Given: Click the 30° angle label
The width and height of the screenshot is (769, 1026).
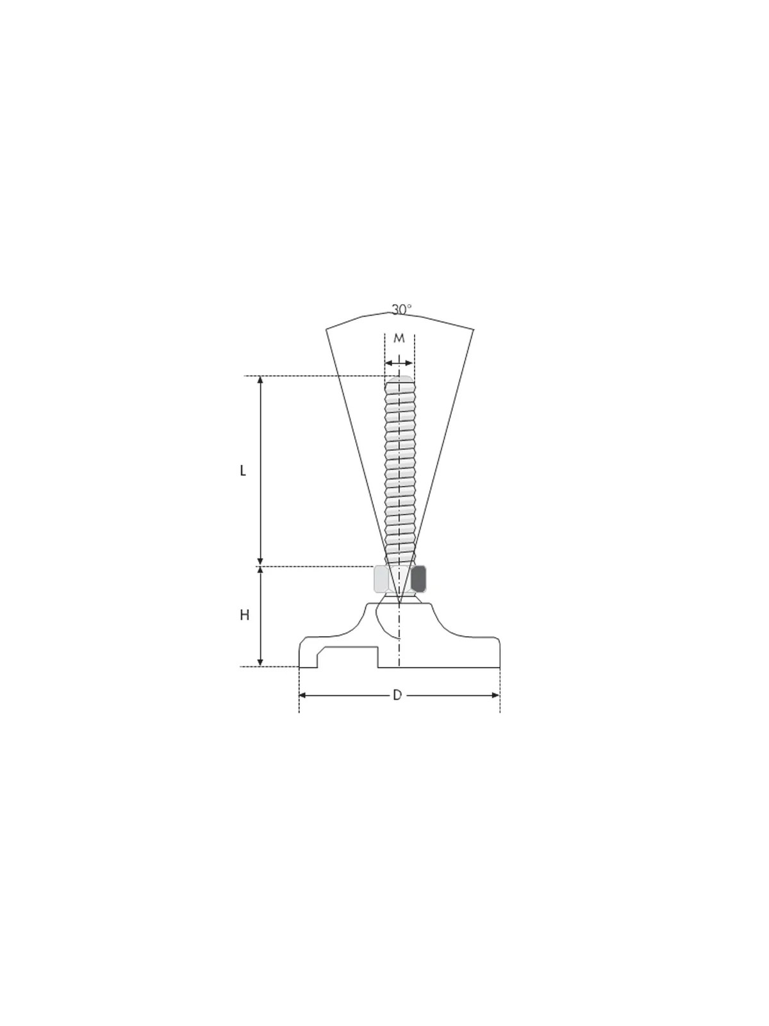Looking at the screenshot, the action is (401, 310).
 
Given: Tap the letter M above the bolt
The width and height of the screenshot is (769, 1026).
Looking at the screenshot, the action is (399, 339).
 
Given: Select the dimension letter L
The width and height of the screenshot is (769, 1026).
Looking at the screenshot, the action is (243, 471).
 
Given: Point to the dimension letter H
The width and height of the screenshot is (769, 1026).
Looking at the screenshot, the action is (244, 616).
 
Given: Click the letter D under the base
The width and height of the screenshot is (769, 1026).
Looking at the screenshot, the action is (397, 708).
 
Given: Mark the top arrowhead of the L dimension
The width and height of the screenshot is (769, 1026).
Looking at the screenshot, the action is (261, 380).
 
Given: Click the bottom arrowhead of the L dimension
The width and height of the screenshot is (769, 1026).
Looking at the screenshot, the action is (261, 562).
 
